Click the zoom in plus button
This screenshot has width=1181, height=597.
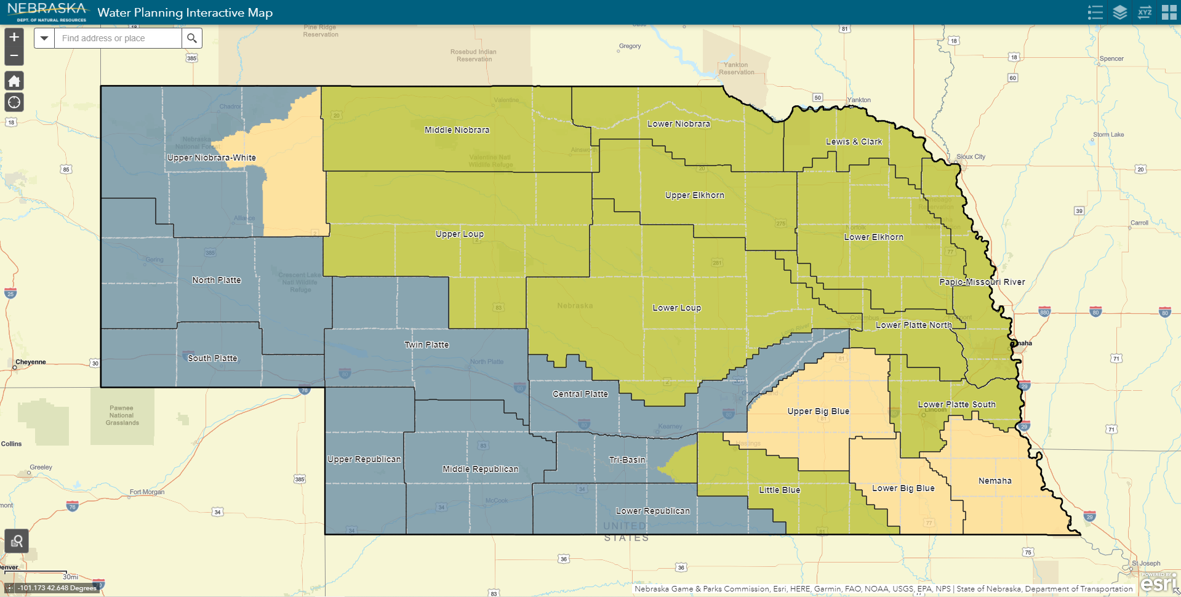[x=14, y=37]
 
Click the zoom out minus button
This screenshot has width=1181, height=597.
[x=14, y=56]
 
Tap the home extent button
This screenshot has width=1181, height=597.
[x=14, y=81]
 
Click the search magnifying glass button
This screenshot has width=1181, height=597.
[x=192, y=38]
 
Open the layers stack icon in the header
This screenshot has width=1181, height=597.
[x=1119, y=12]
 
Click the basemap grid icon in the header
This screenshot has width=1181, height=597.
[x=1169, y=12]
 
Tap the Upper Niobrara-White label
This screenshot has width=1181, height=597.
[x=211, y=158]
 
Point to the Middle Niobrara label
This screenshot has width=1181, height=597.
[x=457, y=130]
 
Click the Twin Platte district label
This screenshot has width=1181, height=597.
[x=426, y=345]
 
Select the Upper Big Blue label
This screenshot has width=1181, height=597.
[x=818, y=411]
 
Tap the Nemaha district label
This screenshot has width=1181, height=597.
[x=995, y=481]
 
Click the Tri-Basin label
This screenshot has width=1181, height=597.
[x=627, y=460]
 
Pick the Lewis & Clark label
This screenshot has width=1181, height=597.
[x=854, y=142]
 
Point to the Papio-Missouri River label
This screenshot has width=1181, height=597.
[x=982, y=282]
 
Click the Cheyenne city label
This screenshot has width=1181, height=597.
[x=31, y=362]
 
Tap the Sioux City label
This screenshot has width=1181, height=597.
[x=971, y=156]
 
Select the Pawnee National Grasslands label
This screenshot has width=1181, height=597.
[x=122, y=415]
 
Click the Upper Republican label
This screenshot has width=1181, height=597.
[x=364, y=459]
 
